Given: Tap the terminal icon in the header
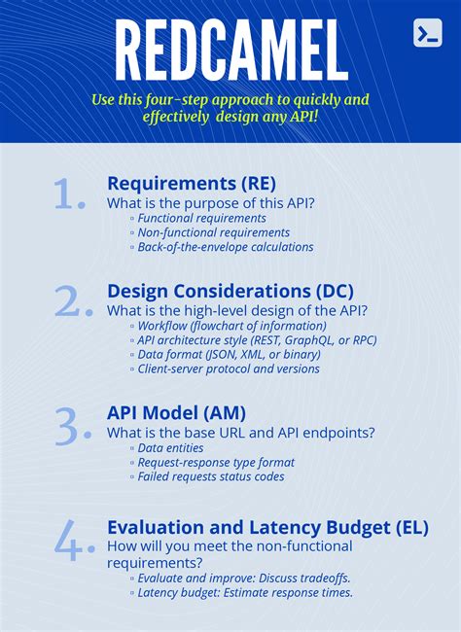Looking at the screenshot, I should [x=427, y=32].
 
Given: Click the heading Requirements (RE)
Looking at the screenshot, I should [x=191, y=183].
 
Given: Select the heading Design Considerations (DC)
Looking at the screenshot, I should [x=230, y=291].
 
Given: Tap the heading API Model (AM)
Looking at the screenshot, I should [x=176, y=413].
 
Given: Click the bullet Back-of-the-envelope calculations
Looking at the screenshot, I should [x=225, y=247].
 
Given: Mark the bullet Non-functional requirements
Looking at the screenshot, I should [x=213, y=232].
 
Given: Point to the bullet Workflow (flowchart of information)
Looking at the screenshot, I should [x=232, y=326].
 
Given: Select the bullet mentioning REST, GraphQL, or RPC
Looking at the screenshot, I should [x=256, y=340].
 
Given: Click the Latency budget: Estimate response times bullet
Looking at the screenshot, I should [x=244, y=592].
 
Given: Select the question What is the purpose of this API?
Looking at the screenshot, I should [x=210, y=202].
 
